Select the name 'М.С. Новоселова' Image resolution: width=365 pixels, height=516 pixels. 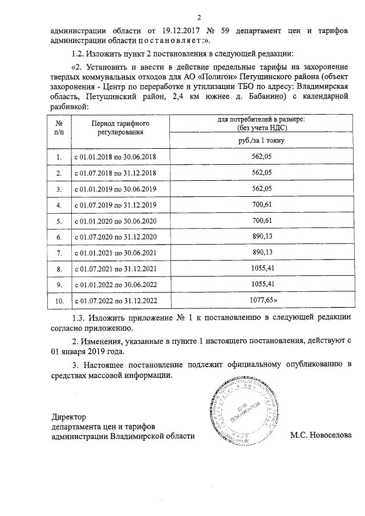coord(321,436)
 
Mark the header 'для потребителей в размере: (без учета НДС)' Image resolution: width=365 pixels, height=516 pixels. coord(262,123)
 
